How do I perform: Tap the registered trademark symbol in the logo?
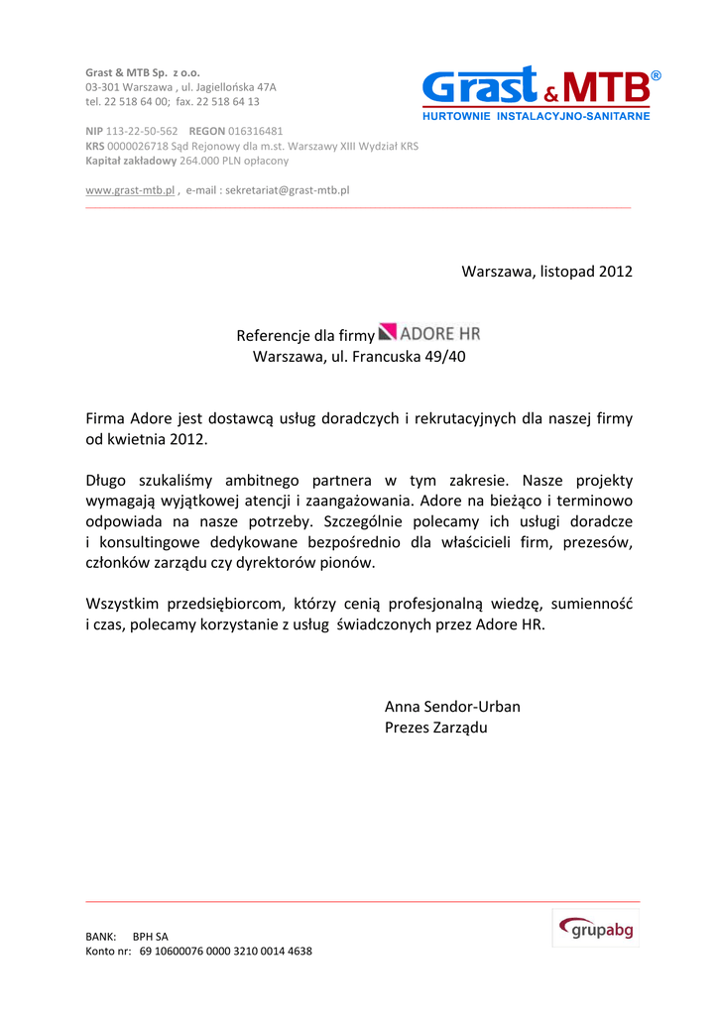coord(656,76)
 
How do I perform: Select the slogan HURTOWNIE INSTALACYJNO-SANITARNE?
coord(537,117)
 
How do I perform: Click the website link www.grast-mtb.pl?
coord(130,189)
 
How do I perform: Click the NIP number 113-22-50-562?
coord(142,131)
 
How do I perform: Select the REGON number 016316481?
coord(256,131)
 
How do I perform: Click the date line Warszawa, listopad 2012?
coord(546,272)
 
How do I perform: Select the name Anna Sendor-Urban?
coord(452,707)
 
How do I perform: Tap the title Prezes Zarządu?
coord(435,729)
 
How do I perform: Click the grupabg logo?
coord(596,929)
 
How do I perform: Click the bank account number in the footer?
coord(226,951)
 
